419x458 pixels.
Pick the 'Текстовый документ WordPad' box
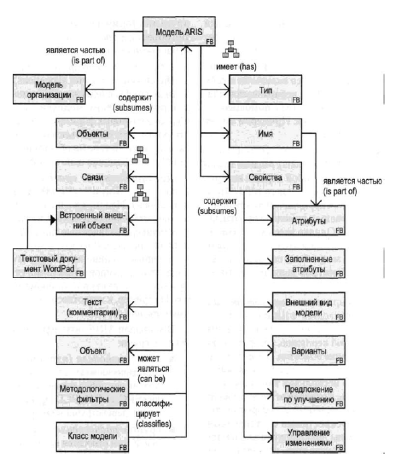click(48, 262)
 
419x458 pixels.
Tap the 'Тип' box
click(264, 89)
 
